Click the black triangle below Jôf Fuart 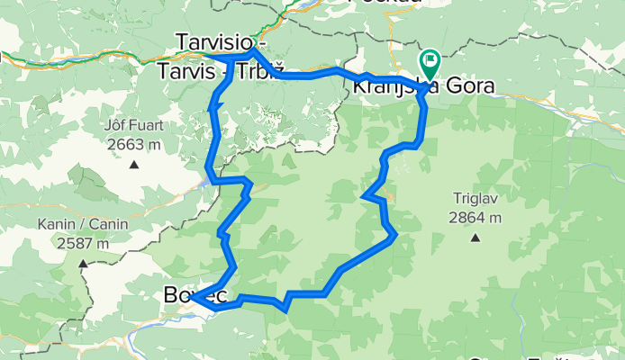click(x=133, y=164)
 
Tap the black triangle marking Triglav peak click(x=474, y=238)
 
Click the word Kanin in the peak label click(x=56, y=225)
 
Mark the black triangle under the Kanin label click(x=83, y=264)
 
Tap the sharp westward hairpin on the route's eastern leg click(x=363, y=195)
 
